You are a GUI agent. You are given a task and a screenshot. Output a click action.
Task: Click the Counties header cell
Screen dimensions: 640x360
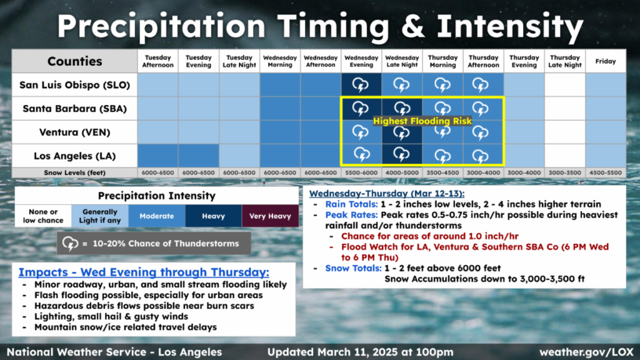click(x=75, y=61)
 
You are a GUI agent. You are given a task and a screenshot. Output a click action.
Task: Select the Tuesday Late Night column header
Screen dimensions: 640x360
click(x=239, y=61)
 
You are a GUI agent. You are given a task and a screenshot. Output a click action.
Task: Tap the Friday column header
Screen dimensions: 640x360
click(x=606, y=61)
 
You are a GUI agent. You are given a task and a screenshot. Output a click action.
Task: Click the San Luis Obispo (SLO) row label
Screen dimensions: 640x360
click(x=75, y=85)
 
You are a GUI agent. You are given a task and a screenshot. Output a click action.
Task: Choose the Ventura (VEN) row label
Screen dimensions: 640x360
click(x=75, y=132)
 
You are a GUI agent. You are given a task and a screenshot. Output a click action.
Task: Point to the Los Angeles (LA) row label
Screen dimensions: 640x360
click(x=75, y=156)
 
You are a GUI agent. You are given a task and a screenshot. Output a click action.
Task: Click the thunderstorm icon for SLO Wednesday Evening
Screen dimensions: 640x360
click(x=361, y=85)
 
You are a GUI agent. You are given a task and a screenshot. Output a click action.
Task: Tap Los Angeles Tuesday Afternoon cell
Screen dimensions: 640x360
click(x=158, y=156)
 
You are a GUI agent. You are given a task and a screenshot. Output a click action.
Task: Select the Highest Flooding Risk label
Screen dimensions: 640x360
click(x=422, y=121)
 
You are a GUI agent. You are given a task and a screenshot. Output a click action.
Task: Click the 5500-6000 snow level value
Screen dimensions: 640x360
click(x=361, y=172)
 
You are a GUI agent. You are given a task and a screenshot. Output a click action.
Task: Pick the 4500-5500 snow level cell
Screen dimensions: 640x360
click(x=606, y=172)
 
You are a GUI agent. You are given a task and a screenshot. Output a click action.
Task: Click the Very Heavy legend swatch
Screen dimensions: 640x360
click(x=270, y=216)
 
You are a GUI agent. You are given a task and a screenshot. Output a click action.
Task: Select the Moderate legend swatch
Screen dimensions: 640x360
click(x=157, y=216)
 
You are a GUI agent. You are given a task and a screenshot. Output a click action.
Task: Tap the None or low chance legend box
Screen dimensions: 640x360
click(x=43, y=216)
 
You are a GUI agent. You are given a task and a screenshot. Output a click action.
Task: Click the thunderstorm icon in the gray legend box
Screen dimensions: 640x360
click(x=70, y=244)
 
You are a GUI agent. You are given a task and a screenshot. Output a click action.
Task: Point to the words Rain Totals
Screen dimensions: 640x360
click(x=351, y=204)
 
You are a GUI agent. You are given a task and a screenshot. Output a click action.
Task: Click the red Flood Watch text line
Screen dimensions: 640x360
click(x=475, y=252)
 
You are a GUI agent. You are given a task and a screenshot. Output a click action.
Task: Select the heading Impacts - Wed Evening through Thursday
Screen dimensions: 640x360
click(x=144, y=272)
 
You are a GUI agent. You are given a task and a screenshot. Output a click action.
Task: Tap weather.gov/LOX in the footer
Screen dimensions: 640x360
click(x=586, y=352)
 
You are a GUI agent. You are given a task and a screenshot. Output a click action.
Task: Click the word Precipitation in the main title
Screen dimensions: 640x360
click(x=161, y=26)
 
